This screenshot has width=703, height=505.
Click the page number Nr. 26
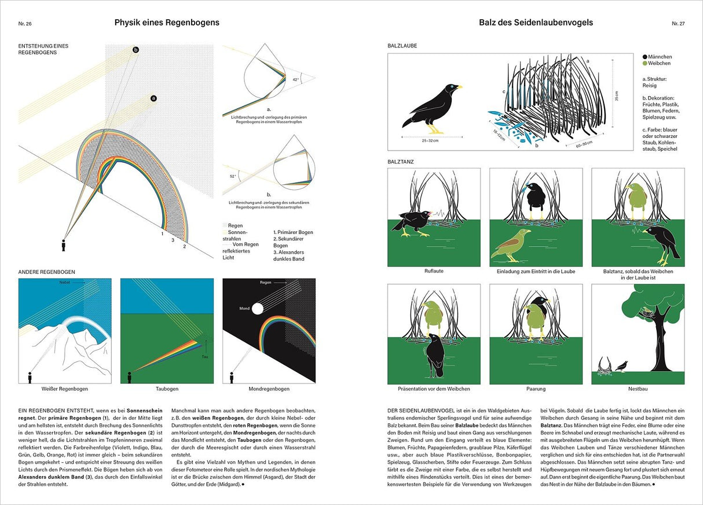point(24,23)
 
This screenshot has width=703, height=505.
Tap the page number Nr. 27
point(678,23)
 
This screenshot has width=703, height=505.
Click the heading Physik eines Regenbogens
point(167,23)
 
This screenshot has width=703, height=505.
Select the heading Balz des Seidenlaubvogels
point(536,23)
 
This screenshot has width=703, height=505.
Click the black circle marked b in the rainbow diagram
point(136,50)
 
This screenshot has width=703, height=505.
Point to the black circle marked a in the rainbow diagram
point(153,98)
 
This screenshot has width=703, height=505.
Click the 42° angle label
point(295,79)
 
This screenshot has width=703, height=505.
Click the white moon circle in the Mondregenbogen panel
point(257,308)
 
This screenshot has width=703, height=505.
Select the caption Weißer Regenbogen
point(65,389)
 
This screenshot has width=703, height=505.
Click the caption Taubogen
point(167,389)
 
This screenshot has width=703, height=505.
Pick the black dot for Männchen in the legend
point(645,57)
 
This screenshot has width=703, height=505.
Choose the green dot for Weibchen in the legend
point(645,63)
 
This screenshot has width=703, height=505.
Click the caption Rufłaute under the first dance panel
point(433,271)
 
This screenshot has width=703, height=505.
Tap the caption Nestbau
point(638,389)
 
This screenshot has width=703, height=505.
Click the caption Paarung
point(536,389)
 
